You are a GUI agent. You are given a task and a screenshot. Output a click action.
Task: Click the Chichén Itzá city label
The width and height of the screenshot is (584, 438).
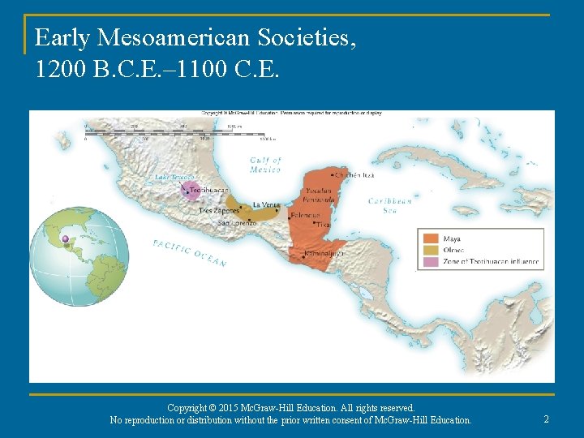pyautogui.click(x=352, y=175)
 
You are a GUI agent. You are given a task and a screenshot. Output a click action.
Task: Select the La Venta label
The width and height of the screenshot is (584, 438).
pyautogui.click(x=266, y=204)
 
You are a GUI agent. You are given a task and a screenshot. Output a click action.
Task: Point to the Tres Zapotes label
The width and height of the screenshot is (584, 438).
pyautogui.click(x=219, y=211)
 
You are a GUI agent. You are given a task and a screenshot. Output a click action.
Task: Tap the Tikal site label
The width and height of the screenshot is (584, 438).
pyautogui.click(x=324, y=225)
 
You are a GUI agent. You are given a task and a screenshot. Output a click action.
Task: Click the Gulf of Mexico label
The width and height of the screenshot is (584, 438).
pyautogui.click(x=265, y=165)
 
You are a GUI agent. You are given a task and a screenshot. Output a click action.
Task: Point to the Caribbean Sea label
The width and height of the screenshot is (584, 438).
pyautogui.click(x=389, y=205)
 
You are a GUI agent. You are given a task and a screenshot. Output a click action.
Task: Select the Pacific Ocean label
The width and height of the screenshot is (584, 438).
pyautogui.click(x=189, y=252)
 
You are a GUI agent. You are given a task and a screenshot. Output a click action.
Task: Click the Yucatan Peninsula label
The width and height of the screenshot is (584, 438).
pyautogui.click(x=317, y=195)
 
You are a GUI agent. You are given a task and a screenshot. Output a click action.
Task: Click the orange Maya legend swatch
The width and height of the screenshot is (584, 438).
pyautogui.click(x=429, y=239)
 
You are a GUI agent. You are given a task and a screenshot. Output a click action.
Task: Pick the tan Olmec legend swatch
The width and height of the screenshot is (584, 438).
pyautogui.click(x=429, y=251)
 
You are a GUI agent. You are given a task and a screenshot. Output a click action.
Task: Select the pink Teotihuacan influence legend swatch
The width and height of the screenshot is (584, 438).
pyautogui.click(x=429, y=262)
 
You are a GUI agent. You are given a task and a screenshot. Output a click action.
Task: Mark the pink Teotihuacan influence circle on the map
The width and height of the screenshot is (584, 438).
pyautogui.click(x=191, y=191)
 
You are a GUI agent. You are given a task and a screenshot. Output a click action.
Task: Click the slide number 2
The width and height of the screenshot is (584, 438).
pyautogui.click(x=546, y=419)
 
